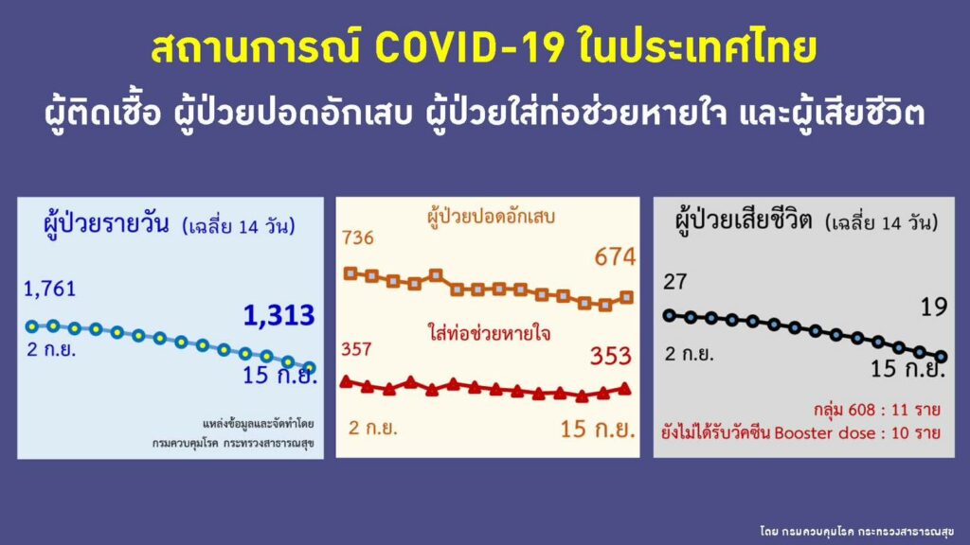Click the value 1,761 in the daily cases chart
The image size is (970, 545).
[x=49, y=289]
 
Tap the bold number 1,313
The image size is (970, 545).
[x=279, y=315]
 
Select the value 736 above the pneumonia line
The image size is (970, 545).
[x=357, y=237]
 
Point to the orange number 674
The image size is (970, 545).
[x=615, y=256]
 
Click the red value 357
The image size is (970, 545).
[x=356, y=349]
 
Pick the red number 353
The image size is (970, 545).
[x=611, y=356]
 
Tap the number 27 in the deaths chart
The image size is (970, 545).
[x=674, y=282]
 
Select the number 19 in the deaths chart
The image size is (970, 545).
[x=934, y=307]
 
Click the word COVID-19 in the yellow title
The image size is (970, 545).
[x=470, y=47]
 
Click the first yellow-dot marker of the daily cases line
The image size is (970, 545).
[x=32, y=326]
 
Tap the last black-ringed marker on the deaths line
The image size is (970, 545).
[x=941, y=357]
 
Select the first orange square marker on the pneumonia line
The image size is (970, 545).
[x=350, y=273]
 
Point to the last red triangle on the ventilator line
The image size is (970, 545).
[x=625, y=389]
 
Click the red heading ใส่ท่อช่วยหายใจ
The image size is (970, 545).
[x=489, y=334]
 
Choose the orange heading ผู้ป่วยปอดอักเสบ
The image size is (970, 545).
[x=492, y=217]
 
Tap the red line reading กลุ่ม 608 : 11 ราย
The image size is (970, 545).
[x=877, y=410]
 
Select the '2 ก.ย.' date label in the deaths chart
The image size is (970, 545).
[x=690, y=354]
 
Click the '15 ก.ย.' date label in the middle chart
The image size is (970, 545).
[x=598, y=429]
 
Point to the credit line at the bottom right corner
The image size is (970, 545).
[x=856, y=532]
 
